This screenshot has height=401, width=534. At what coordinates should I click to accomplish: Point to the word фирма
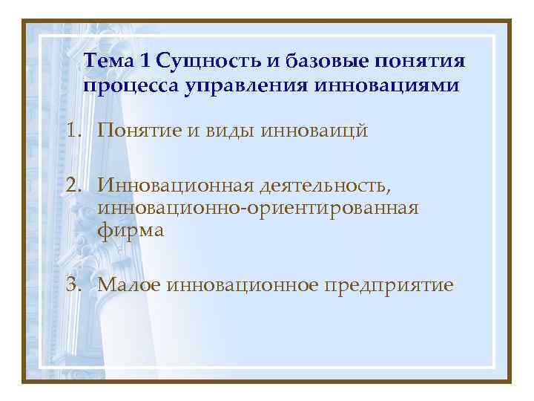pos(131,231)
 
